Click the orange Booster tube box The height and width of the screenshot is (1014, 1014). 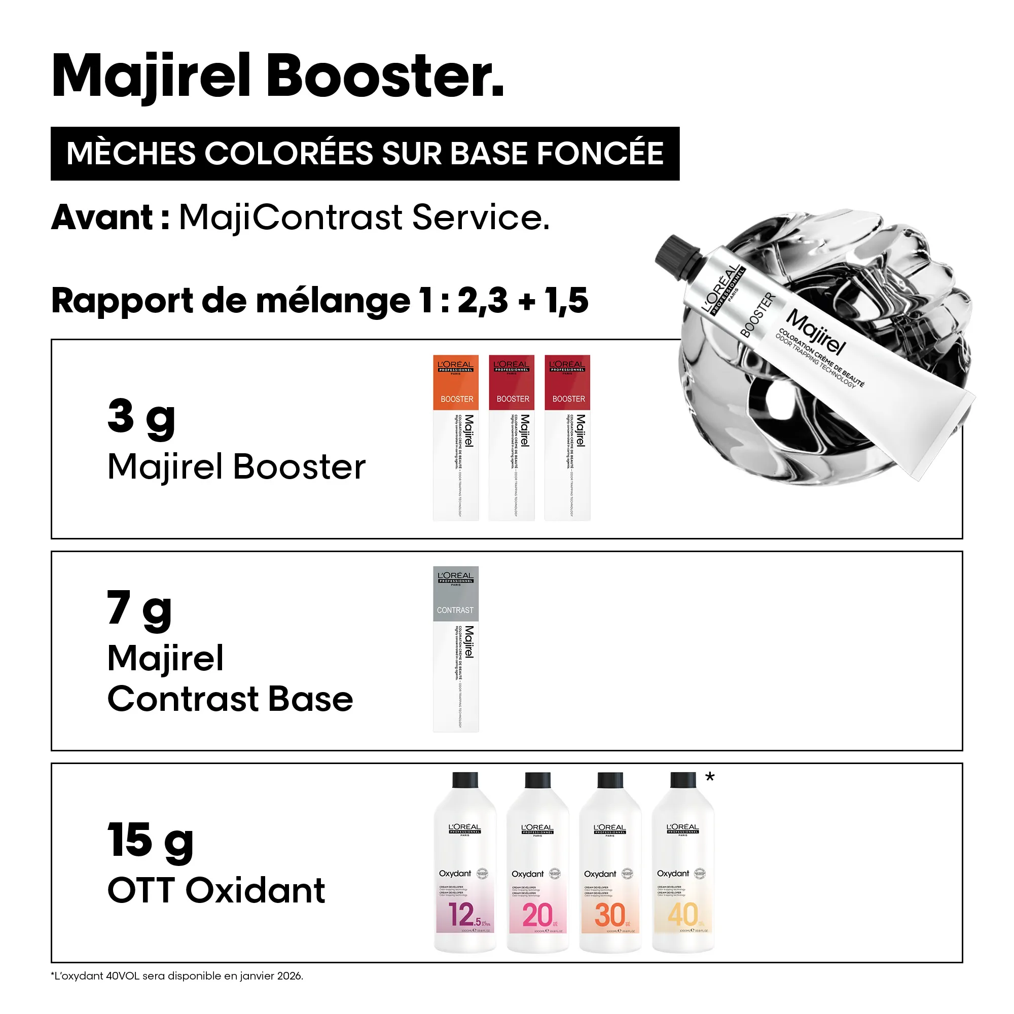[x=456, y=438]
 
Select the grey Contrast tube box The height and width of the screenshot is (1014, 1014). [x=456, y=649]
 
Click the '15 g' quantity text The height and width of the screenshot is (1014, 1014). [x=150, y=842]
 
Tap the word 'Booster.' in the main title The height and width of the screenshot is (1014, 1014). [x=385, y=77]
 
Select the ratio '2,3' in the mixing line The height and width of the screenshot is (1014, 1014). [x=482, y=301]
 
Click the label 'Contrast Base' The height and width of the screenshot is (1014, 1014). [x=230, y=699]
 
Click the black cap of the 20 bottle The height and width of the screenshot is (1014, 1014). [x=537, y=779]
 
